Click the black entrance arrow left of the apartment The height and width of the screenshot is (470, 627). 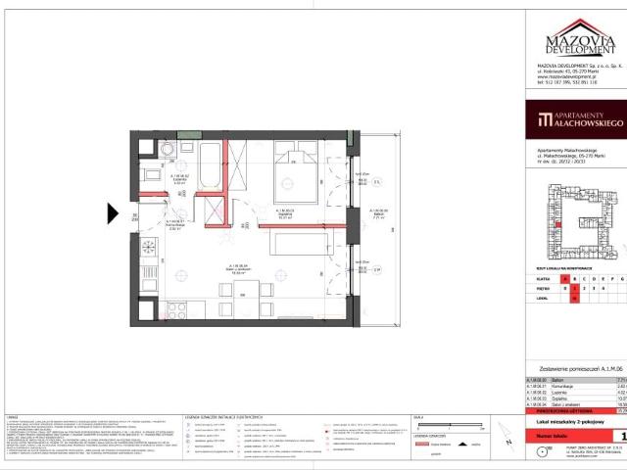tap(113, 213)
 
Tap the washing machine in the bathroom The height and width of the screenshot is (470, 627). tap(168, 150)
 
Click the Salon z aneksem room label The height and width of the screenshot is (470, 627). tap(238, 270)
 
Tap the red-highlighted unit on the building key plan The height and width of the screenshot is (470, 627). tap(557, 226)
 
